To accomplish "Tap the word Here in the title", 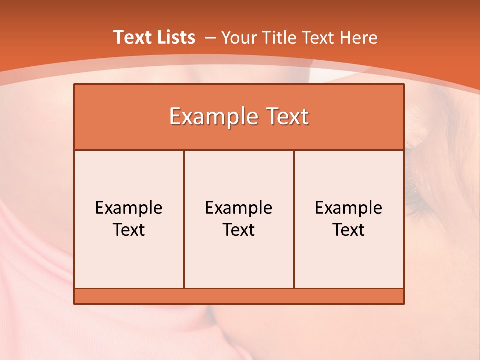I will point(358,38).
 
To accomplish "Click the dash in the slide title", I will point(210,38).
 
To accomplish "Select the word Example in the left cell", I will point(129,208).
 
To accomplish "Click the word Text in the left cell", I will point(129,230).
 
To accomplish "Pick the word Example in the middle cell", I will point(239,208).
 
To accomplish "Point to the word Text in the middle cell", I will point(239,230).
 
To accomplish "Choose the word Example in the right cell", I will point(349,208).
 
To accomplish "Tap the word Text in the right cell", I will point(349,230).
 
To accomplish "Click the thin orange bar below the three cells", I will point(239,296).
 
